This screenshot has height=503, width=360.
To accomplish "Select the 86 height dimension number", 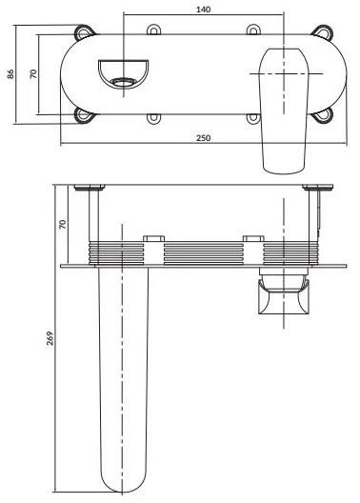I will click(10, 74).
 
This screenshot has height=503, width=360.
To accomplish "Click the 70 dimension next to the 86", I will click(33, 74).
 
